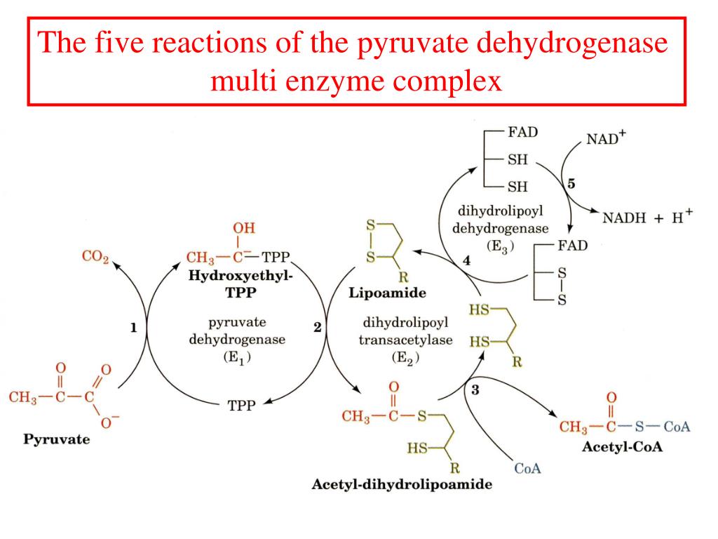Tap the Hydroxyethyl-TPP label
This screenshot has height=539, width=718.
pos(240,284)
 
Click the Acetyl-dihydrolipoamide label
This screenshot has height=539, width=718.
pos(402,484)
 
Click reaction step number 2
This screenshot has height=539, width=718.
pos(317,328)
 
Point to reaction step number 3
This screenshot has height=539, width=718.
pos(475,391)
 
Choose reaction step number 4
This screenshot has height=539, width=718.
pos(466,261)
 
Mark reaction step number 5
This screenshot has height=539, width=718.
pos(571,184)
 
